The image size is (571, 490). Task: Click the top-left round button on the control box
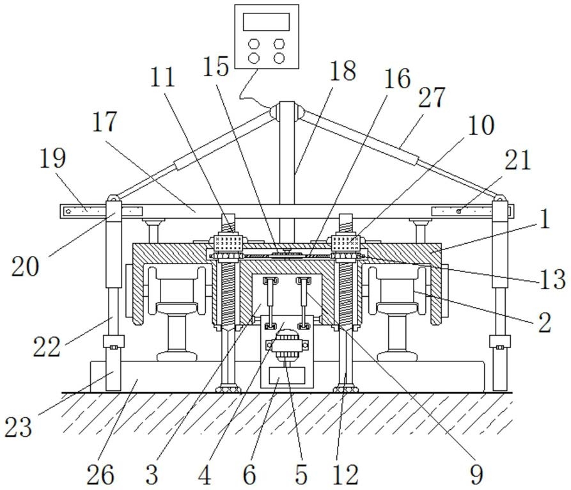tap(254, 43)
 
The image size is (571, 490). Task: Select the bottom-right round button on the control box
tap(279, 58)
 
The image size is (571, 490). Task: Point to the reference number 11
tap(162, 78)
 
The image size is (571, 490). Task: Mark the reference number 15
tap(217, 66)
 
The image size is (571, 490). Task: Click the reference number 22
tap(47, 347)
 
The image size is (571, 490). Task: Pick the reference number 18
tap(343, 71)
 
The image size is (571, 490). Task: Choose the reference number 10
tap(481, 125)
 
